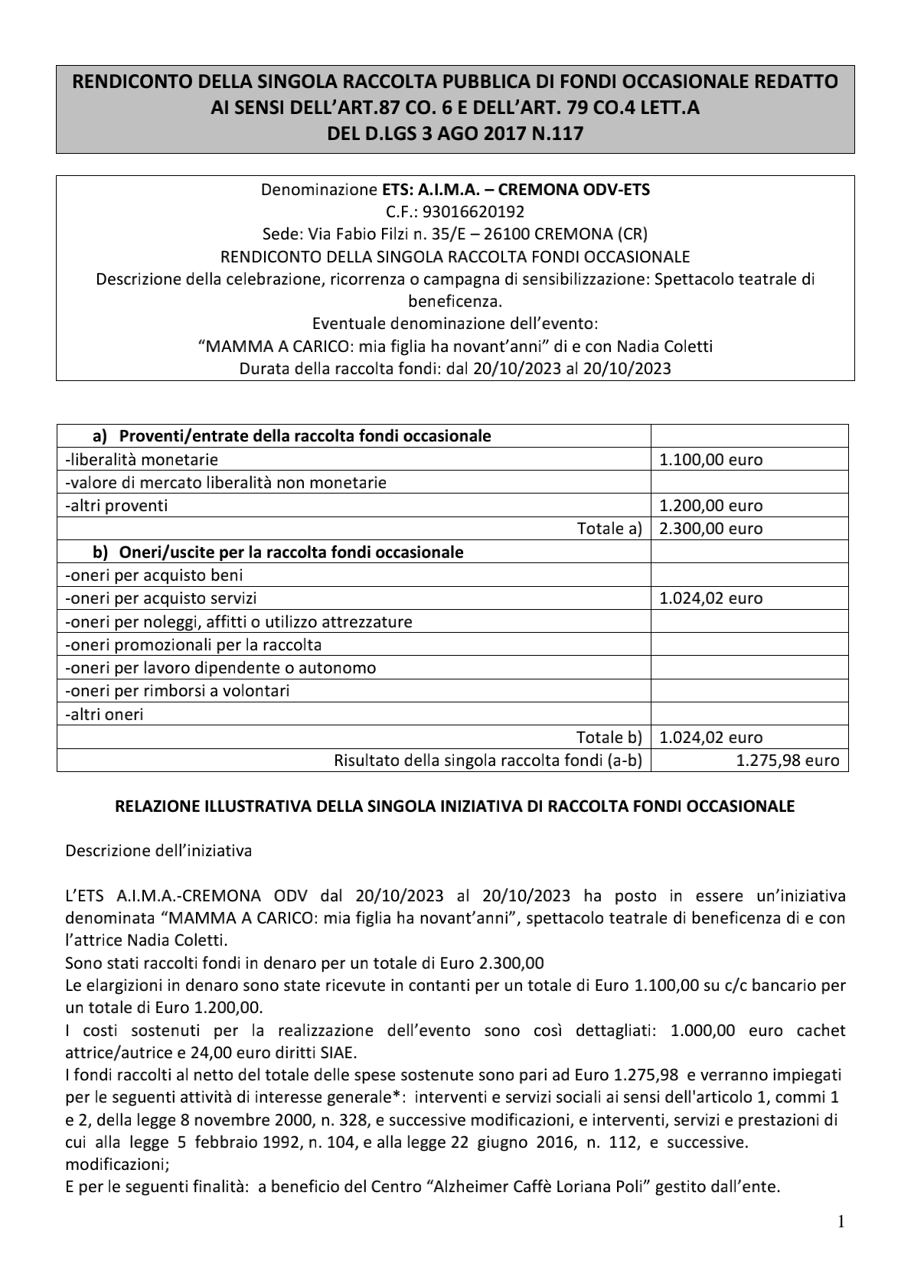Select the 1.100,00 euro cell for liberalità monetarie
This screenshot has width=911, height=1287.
(710, 460)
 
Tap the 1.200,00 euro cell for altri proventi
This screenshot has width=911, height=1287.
(710, 506)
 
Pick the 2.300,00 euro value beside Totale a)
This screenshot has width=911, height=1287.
(710, 529)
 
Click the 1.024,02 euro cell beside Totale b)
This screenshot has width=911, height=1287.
(710, 738)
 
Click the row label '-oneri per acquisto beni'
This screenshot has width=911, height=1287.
(155, 575)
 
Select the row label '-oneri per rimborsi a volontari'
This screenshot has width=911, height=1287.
(178, 691)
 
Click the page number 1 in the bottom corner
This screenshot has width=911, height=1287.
(841, 1222)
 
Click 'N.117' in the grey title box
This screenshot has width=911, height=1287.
(557, 134)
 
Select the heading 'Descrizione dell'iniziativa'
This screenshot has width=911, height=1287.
(158, 851)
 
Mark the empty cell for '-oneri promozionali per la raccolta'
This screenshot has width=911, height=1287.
(748, 645)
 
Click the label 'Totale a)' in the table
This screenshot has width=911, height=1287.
(609, 529)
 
